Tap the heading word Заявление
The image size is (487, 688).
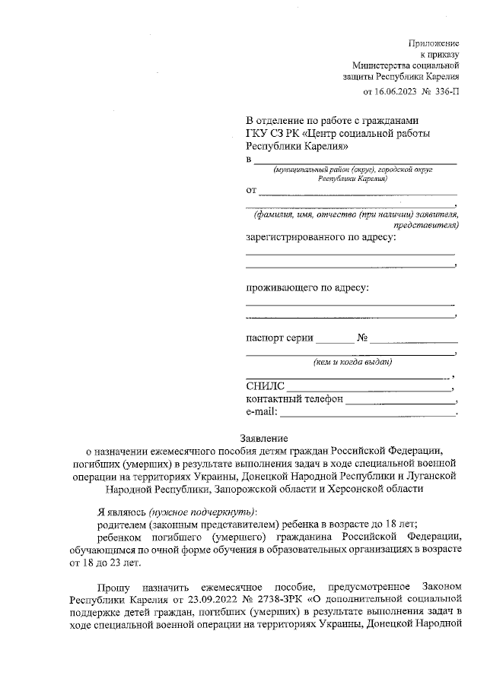coord(263,439)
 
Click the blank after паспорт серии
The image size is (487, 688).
coord(334,338)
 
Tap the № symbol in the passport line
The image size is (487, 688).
coord(362,337)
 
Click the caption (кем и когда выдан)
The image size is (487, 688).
coord(352,363)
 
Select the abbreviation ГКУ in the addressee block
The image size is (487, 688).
coord(257,135)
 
